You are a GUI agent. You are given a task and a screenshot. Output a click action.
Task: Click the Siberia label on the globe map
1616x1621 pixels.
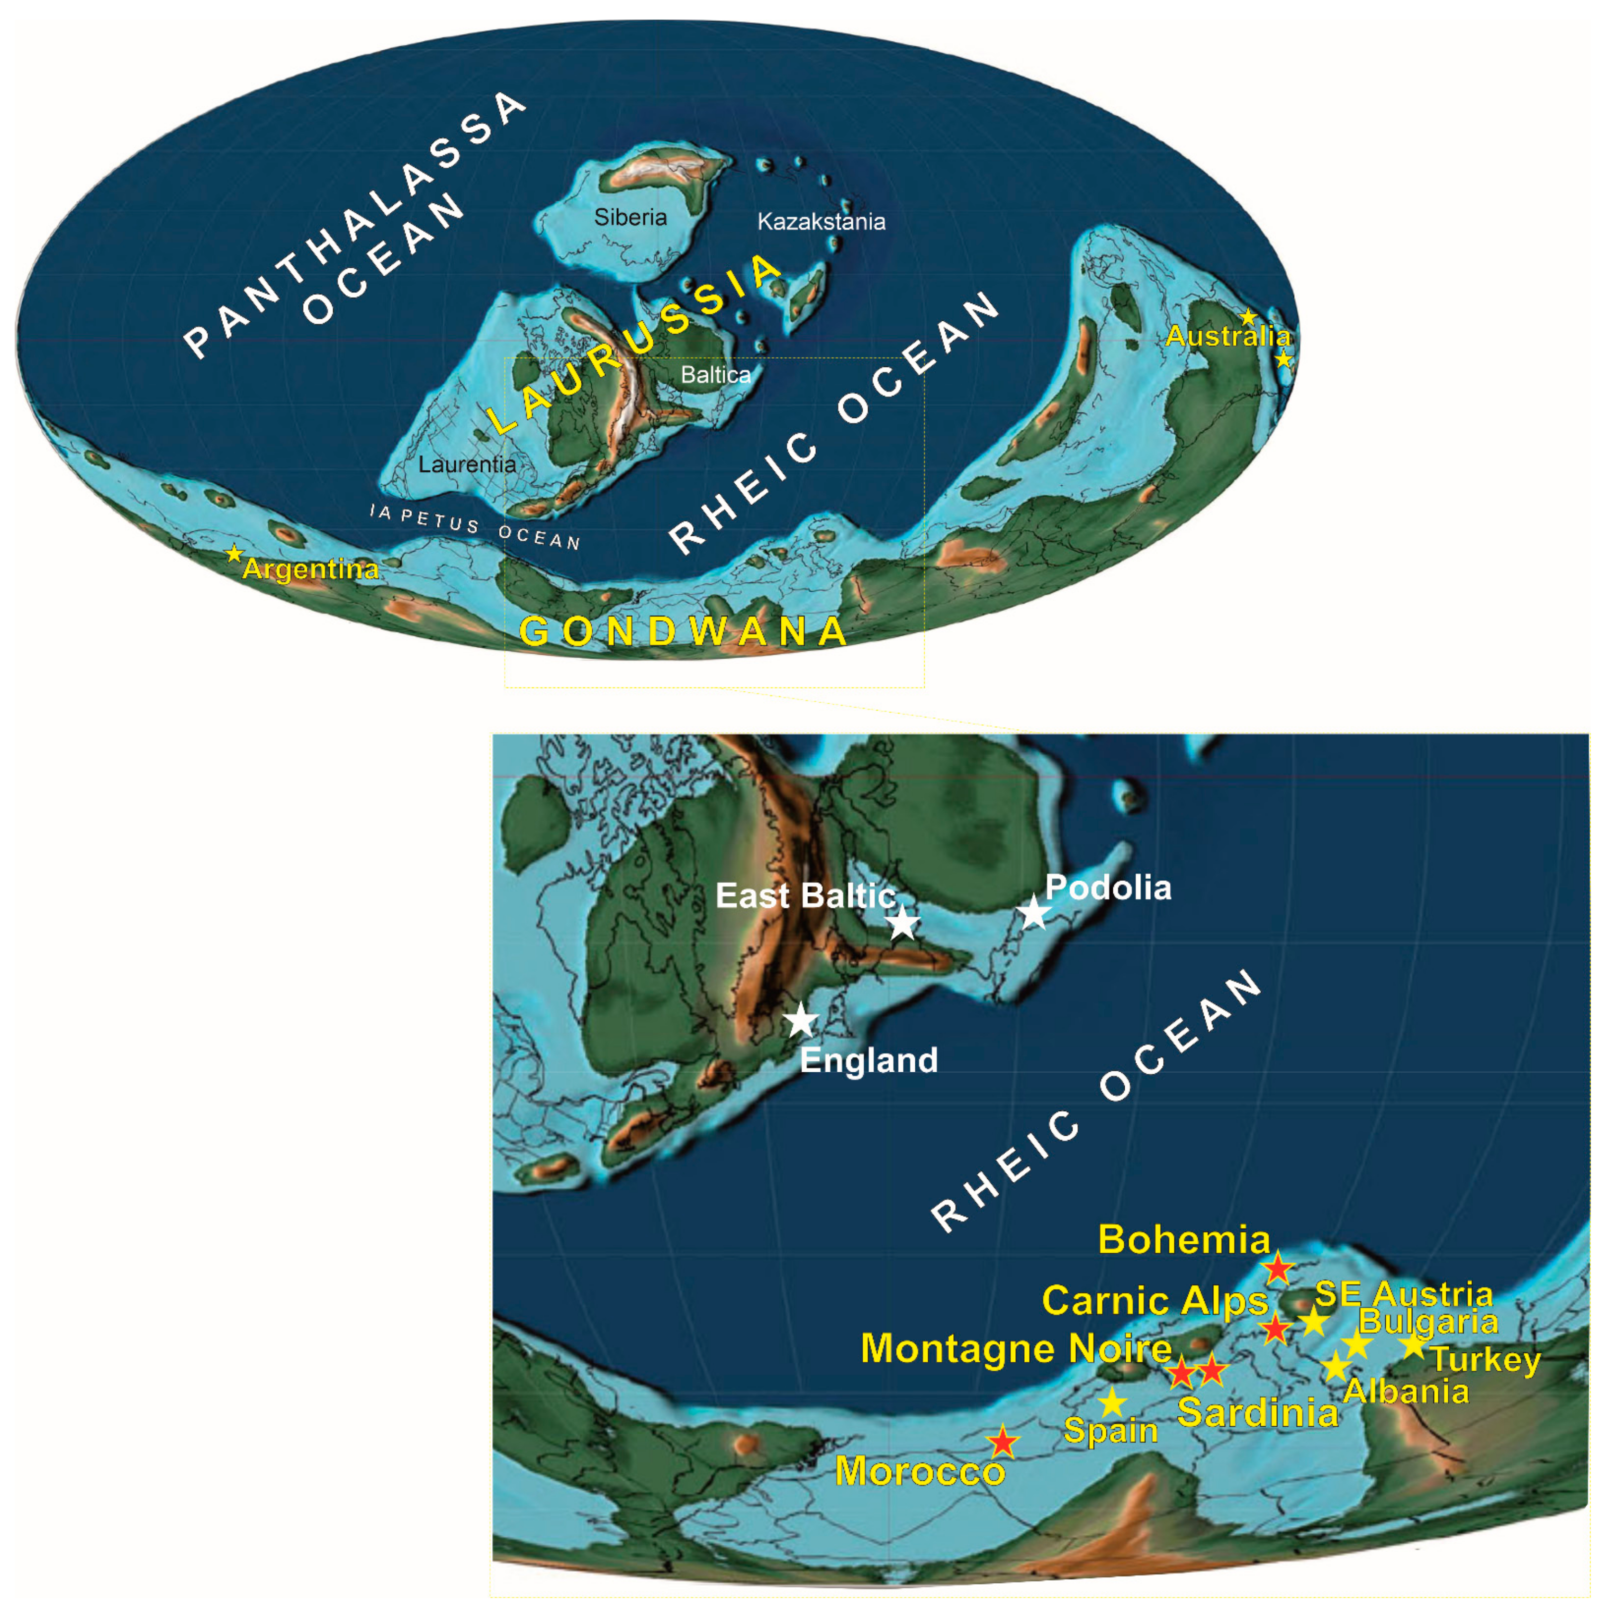630,217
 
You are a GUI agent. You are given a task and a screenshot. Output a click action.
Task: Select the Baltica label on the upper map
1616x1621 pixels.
715,374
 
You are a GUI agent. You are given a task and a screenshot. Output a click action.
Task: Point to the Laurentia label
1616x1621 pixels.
467,464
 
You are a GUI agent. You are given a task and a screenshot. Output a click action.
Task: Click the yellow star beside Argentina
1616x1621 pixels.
234,554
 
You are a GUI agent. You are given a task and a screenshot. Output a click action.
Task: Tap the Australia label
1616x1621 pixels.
1228,336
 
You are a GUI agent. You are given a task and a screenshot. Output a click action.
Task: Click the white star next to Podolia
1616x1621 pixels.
1034,912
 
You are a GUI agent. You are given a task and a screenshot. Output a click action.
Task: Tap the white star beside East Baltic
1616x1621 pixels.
903,922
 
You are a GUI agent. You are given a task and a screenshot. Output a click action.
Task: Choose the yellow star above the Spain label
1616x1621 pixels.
1112,1402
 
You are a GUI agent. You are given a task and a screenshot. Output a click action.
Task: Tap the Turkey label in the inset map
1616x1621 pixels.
1486,1359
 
